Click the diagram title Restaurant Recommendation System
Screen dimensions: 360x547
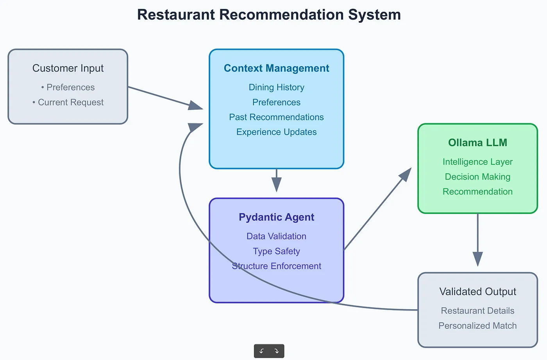click(269, 15)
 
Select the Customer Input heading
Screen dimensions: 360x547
click(68, 68)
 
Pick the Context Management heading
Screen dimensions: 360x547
click(276, 68)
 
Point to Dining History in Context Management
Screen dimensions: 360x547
click(276, 87)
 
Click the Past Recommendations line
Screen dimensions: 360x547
click(276, 117)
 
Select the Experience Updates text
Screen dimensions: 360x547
click(276, 132)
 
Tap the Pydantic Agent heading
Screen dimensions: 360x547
click(276, 217)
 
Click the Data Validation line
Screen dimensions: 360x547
click(276, 236)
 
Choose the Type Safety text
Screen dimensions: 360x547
click(276, 251)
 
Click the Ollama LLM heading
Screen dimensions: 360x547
click(477, 143)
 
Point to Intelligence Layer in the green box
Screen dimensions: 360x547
click(477, 162)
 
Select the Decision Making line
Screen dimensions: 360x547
click(477, 176)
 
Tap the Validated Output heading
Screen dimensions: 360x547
click(477, 292)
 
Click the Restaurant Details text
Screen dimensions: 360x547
click(477, 311)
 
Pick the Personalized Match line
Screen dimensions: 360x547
click(477, 326)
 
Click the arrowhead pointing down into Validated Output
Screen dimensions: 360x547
click(477, 259)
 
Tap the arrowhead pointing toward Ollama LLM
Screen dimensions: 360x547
click(406, 175)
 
